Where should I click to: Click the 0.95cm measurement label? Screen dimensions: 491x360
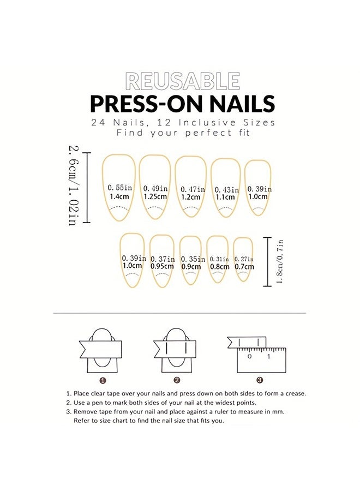pos(163,267)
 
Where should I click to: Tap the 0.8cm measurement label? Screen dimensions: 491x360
pos(219,267)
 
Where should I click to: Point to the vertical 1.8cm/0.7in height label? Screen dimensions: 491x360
pos(279,261)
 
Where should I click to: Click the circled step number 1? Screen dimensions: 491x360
pos(103,380)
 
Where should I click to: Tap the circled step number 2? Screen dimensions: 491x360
pos(177,380)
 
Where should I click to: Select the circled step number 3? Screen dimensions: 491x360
pos(260,380)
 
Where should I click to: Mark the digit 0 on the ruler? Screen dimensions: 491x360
pos(249,356)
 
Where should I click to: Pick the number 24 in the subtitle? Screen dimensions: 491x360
pos(99,122)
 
